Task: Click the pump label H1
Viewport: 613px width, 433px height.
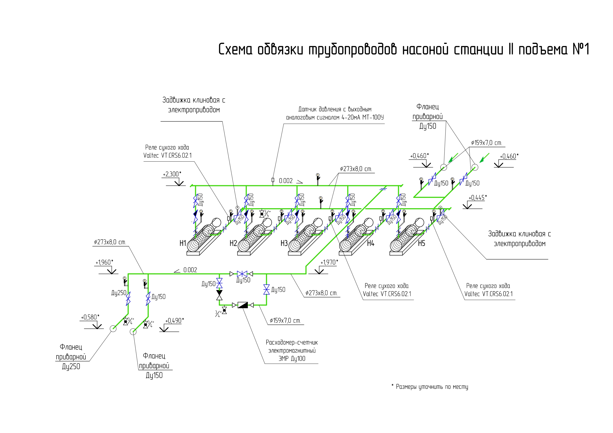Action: click(183, 243)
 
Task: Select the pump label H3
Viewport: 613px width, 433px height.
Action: click(284, 243)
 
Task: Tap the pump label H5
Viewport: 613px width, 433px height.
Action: click(421, 243)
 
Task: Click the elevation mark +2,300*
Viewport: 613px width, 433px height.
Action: click(172, 174)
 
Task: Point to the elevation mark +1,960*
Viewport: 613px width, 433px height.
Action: click(104, 263)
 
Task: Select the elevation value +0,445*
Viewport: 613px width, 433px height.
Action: click(478, 198)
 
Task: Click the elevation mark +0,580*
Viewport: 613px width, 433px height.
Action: click(90, 317)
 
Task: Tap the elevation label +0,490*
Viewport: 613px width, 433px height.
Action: click(175, 321)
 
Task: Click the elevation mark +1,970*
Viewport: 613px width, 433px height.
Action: click(329, 263)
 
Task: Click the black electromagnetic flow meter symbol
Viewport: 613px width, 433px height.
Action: click(243, 305)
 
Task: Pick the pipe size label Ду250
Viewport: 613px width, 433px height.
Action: click(119, 293)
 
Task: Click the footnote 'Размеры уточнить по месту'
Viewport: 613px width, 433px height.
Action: click(432, 387)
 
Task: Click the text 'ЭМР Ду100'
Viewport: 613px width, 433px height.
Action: click(292, 359)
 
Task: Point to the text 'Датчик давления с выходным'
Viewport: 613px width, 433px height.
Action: click(335, 109)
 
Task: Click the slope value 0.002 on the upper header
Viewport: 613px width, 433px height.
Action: click(286, 181)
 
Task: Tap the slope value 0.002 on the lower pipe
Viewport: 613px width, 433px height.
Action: click(190, 270)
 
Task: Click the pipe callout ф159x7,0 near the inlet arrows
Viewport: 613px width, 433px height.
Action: click(487, 143)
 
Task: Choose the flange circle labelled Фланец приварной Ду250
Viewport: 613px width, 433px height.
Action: click(113, 328)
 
